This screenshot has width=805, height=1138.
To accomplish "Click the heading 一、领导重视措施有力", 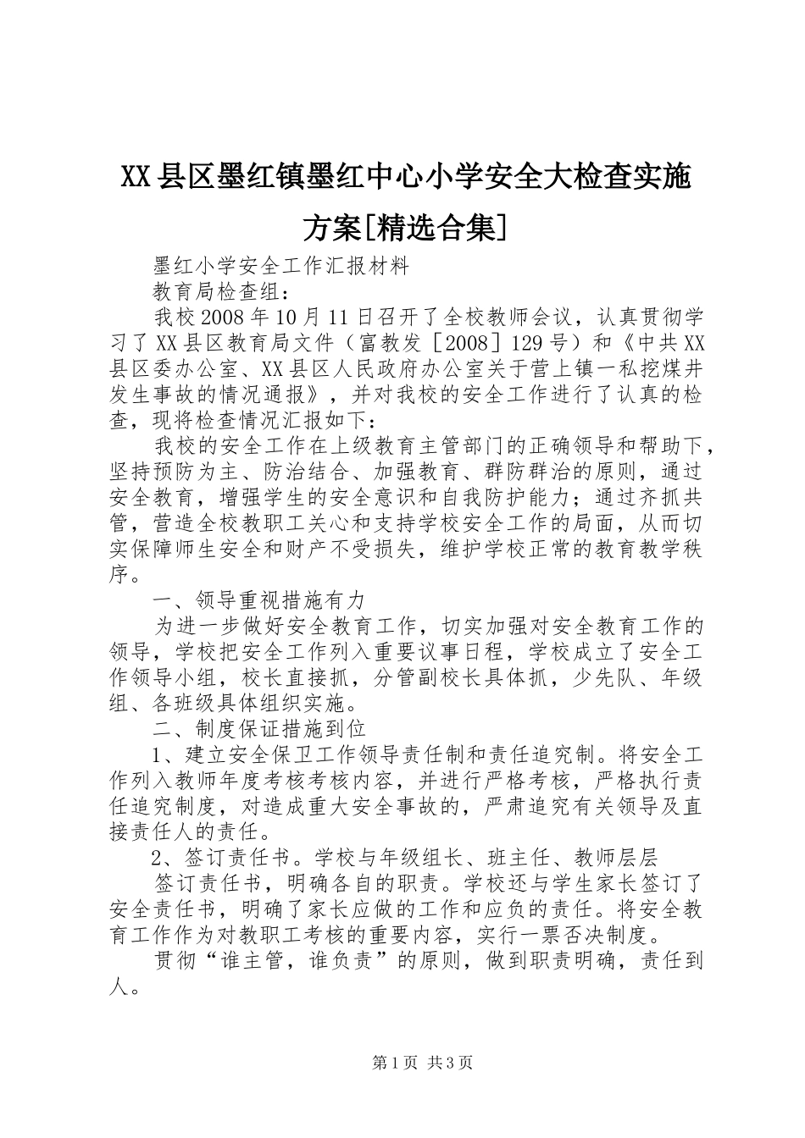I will (x=259, y=600).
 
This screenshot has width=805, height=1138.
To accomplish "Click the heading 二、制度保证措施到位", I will (x=259, y=729).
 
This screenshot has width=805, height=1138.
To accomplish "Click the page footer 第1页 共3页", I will (x=422, y=1063).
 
